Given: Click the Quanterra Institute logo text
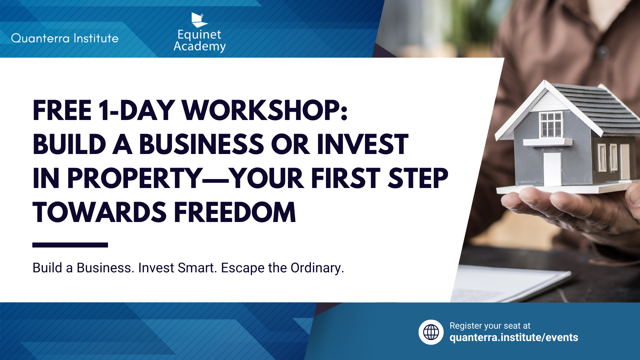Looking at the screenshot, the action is pyautogui.click(x=65, y=38).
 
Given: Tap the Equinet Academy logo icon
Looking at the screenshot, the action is pyautogui.click(x=199, y=20).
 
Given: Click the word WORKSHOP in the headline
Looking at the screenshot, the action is pyautogui.click(x=265, y=110).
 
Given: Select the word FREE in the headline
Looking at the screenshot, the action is pyautogui.click(x=62, y=110).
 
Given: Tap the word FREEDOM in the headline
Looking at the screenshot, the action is pyautogui.click(x=235, y=212).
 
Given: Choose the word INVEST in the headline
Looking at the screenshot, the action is pyautogui.click(x=362, y=144).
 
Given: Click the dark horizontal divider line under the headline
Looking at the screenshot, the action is pyautogui.click(x=70, y=245).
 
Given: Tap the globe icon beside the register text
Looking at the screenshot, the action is pyautogui.click(x=431, y=332).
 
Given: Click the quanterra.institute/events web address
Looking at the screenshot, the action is pyautogui.click(x=514, y=338).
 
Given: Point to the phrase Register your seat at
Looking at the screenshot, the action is pyautogui.click(x=490, y=326).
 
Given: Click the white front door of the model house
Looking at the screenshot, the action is pyautogui.click(x=552, y=169).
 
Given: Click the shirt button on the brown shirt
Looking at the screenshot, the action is pyautogui.click(x=602, y=51).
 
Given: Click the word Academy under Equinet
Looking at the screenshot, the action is pyautogui.click(x=200, y=46).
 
